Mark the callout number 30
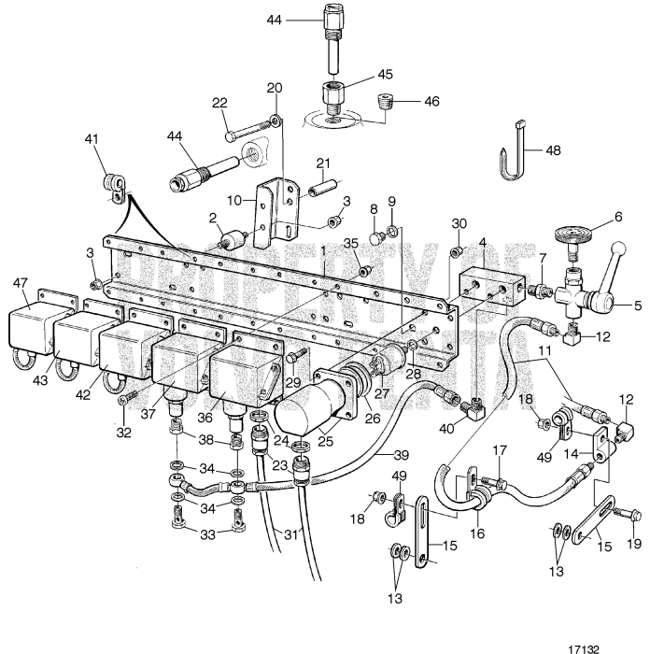(458, 224)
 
